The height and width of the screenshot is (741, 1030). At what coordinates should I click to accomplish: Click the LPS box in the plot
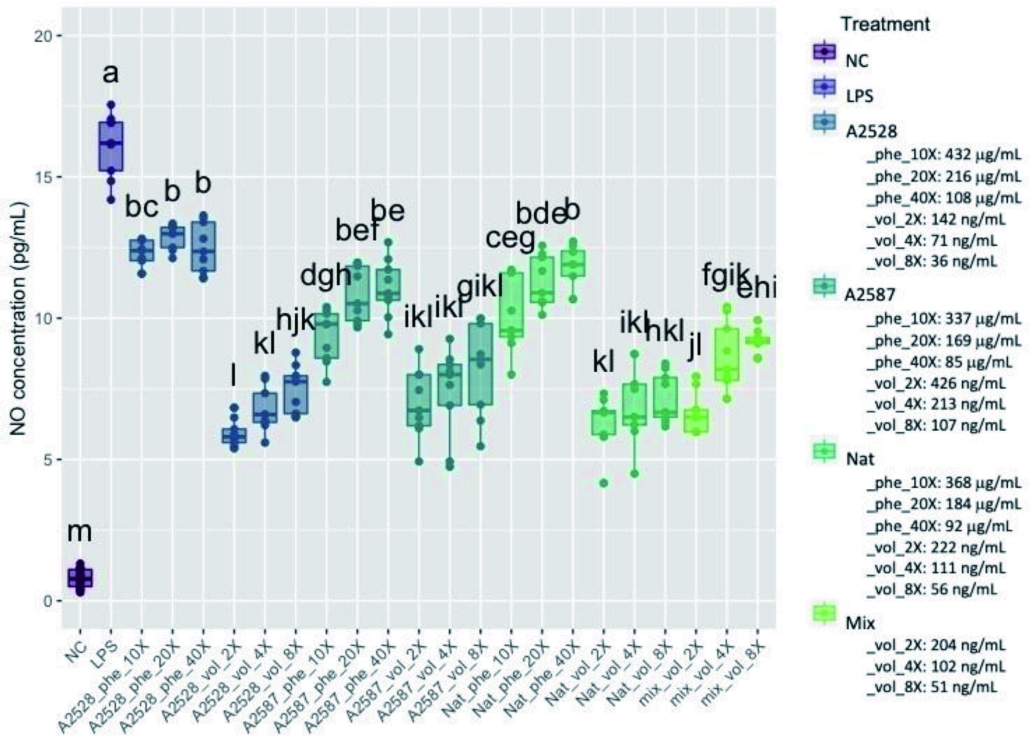pos(110,146)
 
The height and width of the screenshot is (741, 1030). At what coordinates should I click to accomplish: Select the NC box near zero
pos(80,578)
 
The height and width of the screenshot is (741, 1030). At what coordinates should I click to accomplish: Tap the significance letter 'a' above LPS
pos(110,74)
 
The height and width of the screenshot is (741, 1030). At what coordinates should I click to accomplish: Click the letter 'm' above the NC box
pos(80,531)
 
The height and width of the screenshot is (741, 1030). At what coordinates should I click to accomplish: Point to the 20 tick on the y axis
pos(42,36)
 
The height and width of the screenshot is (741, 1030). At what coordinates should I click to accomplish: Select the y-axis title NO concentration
pos(19,318)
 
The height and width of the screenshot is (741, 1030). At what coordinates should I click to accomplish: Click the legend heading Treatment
pos(885,24)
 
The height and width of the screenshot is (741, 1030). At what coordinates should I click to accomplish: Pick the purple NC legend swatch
pos(824,52)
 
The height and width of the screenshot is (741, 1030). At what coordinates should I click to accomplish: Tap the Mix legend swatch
pos(824,613)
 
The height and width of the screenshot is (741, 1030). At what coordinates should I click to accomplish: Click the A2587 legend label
pos(870,294)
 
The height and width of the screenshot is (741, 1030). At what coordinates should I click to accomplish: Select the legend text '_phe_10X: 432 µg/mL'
pos(943,155)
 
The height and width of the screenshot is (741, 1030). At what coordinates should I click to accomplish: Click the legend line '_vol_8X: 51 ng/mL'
pos(931,687)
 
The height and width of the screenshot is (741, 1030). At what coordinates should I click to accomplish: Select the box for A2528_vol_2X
pos(234,436)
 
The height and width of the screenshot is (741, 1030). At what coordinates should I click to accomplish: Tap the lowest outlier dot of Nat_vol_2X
pos(604,483)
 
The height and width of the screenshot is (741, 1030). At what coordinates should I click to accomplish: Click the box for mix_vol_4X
pos(727,355)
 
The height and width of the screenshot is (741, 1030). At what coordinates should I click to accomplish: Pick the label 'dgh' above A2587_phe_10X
pos(326,275)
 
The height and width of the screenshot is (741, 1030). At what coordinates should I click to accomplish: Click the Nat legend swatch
pos(824,451)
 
